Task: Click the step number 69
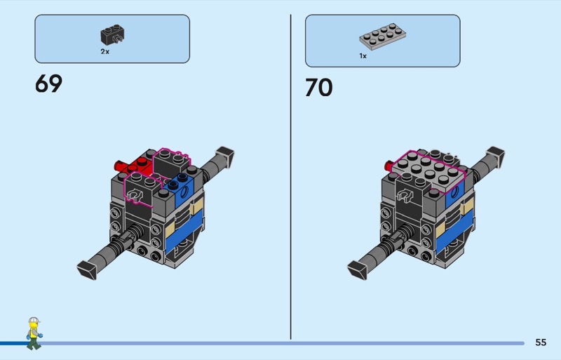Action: (48, 84)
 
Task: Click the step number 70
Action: (319, 88)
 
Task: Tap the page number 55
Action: (541, 342)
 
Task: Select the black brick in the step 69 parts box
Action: (113, 35)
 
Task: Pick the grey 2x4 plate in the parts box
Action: (382, 36)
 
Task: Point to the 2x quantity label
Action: (104, 52)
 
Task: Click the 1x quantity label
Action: (363, 56)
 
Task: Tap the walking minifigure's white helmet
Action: (34, 320)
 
